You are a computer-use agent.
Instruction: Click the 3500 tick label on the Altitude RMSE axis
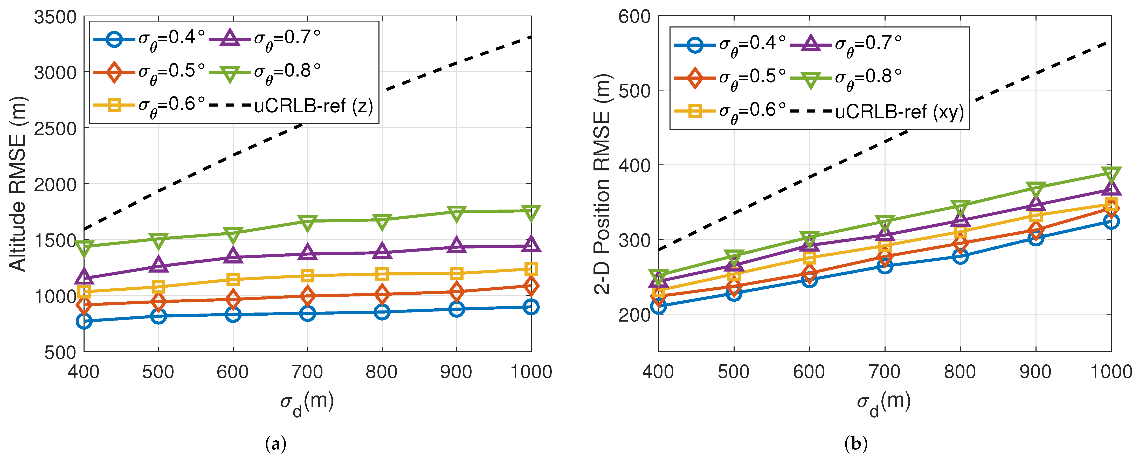click(55, 18)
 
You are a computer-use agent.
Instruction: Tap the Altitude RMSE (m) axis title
click(18, 183)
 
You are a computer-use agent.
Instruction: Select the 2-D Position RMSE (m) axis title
click(602, 183)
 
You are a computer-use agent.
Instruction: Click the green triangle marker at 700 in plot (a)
click(307, 222)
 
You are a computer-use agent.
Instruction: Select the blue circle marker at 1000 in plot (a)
click(530, 307)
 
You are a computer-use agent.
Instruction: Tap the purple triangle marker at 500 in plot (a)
click(158, 265)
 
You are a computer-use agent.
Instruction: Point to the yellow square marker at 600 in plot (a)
click(233, 279)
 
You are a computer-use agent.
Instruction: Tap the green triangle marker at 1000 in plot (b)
click(1111, 173)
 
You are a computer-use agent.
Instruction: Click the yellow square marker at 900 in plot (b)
click(1036, 216)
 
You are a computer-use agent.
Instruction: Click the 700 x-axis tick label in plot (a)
click(307, 372)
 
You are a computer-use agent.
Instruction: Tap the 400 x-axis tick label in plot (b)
click(658, 372)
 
